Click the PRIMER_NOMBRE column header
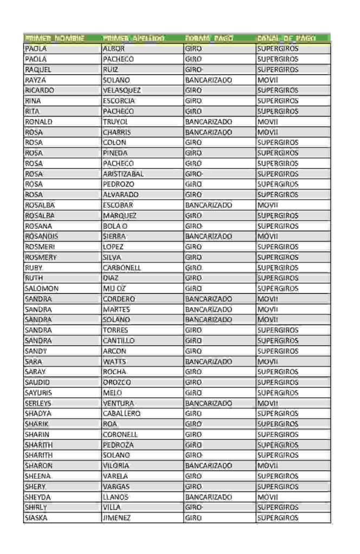[x=55, y=38]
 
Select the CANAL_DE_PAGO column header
[x=293, y=38]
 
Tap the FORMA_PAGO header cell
[x=209, y=38]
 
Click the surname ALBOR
[x=114, y=49]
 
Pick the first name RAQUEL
[x=38, y=69]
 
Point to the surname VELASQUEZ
[x=122, y=90]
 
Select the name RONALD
[x=38, y=122]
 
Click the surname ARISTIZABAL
[x=123, y=174]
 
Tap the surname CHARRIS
[x=116, y=132]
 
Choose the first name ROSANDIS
[x=42, y=236]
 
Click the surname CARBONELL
[x=122, y=268]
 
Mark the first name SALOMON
[x=42, y=288]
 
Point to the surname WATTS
[x=114, y=361]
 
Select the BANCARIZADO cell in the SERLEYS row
[x=208, y=403]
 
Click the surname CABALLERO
[x=122, y=414]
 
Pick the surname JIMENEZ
[x=116, y=518]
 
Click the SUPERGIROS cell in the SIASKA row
[x=278, y=518]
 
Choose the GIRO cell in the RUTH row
[x=193, y=278]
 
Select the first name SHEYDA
[x=37, y=497]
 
